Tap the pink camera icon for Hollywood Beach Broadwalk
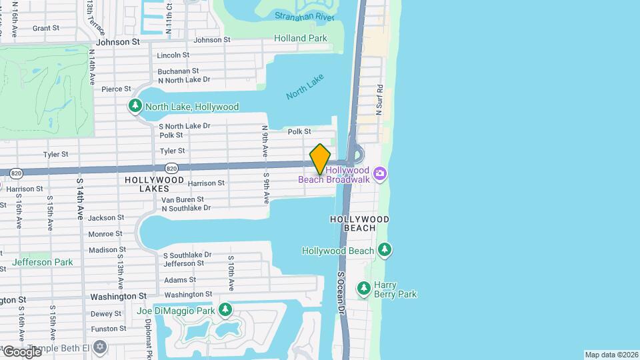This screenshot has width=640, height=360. [x=380, y=174]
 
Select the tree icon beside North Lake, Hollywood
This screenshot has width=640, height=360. [x=135, y=106]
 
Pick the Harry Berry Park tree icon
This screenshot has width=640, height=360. [x=363, y=289]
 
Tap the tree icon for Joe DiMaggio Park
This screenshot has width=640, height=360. [x=225, y=310]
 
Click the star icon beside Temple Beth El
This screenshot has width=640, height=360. [x=100, y=347]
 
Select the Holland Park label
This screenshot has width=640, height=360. [x=301, y=39]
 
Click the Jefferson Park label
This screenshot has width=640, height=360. [x=42, y=262]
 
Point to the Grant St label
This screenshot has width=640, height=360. [x=46, y=28]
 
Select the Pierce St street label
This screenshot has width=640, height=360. [x=116, y=89]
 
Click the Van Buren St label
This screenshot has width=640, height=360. [x=183, y=199]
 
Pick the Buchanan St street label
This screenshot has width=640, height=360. [x=178, y=71]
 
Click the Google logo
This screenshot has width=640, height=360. [x=22, y=351]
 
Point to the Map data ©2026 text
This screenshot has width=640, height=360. [x=611, y=355]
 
